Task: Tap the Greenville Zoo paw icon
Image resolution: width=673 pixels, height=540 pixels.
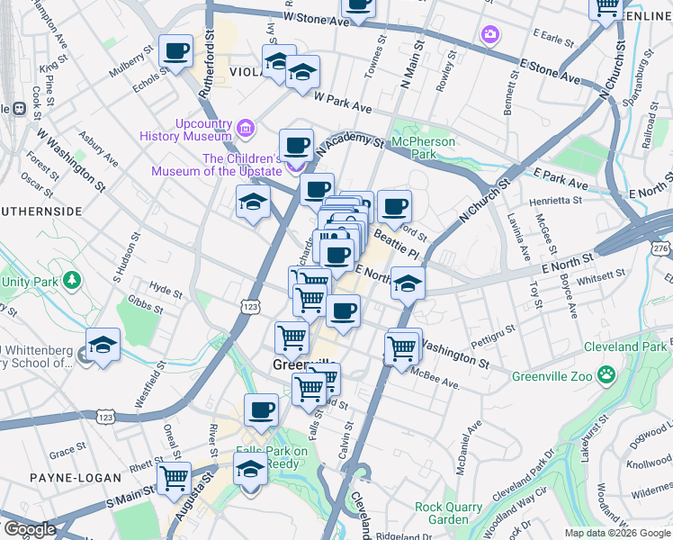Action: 608,373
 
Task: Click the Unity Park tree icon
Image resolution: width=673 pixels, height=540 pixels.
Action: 75,283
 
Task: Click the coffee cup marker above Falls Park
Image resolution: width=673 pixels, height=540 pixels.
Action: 261,409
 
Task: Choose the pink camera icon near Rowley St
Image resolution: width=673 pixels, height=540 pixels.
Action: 489,34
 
